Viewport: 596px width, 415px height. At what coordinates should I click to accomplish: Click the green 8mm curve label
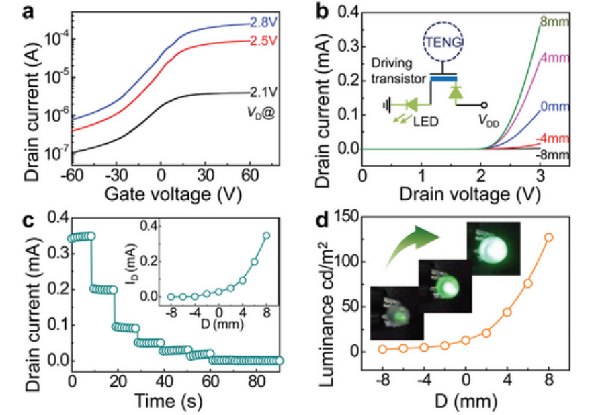[x=556, y=23]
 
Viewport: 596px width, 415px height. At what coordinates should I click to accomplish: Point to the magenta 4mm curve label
[x=556, y=59]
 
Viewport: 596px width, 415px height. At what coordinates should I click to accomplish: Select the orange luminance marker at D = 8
[x=549, y=237]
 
